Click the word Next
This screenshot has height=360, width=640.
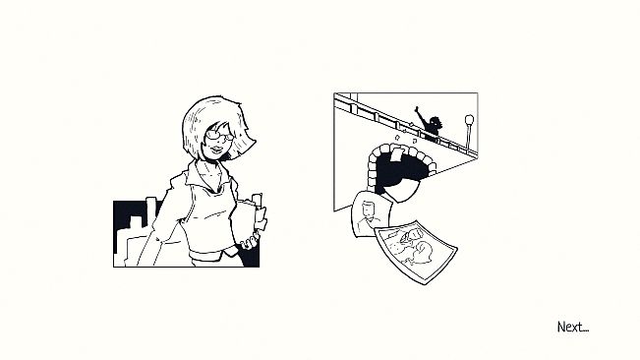[572, 327]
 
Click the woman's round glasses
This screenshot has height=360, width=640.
[219, 135]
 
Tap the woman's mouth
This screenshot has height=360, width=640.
[216, 149]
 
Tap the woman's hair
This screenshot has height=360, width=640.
[216, 122]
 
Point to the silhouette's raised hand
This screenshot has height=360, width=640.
[417, 110]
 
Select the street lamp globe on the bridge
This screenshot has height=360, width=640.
[469, 120]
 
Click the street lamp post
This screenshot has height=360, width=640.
[469, 137]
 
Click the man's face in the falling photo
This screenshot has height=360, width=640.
[370, 209]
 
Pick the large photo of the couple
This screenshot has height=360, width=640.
[416, 252]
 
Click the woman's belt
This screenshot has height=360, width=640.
[209, 254]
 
